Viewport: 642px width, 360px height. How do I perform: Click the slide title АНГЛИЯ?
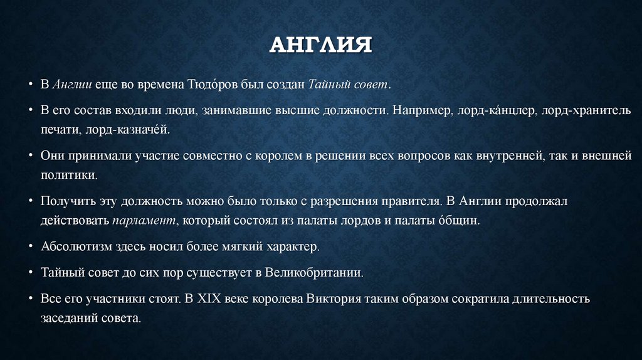pos(320,45)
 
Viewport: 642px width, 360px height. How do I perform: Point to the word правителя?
pos(409,201)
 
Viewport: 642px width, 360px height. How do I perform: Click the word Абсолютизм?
pos(74,246)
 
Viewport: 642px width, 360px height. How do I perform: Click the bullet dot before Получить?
pos(31,201)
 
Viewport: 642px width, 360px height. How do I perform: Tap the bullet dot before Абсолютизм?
pos(31,246)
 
